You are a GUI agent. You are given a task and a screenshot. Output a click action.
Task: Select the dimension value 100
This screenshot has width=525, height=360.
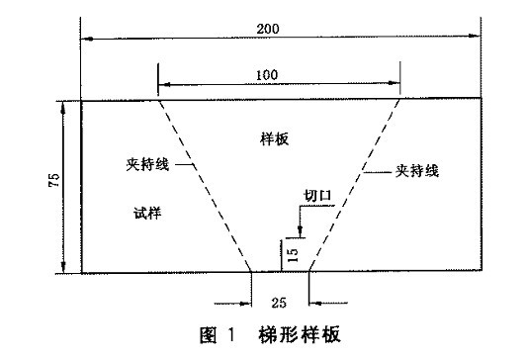(279, 74)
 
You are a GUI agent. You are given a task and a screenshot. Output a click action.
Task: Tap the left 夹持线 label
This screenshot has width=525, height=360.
(149, 165)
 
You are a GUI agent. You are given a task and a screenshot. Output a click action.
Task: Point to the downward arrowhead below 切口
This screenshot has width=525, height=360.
(301, 229)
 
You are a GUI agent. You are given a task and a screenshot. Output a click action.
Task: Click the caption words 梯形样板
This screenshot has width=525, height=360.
(299, 333)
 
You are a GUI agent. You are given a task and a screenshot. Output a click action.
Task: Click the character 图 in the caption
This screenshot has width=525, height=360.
(209, 333)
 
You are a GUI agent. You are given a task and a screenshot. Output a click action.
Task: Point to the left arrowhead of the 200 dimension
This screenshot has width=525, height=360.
(86, 40)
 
